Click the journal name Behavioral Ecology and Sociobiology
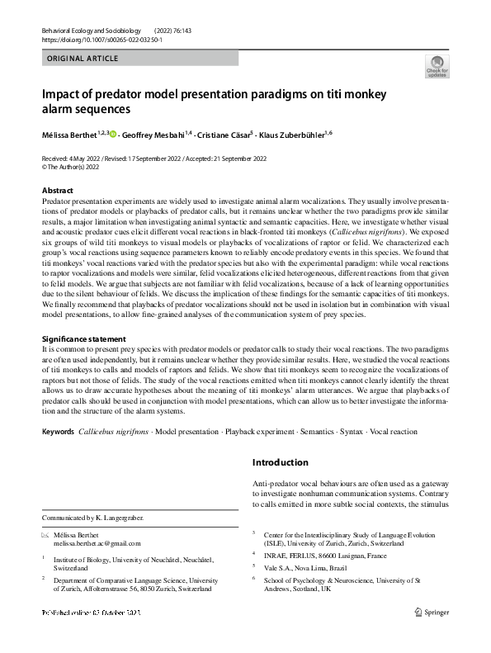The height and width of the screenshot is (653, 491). (92, 28)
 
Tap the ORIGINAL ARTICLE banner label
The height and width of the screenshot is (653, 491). (83, 59)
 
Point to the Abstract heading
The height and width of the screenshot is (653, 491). (57, 191)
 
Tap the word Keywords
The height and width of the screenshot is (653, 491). (58, 432)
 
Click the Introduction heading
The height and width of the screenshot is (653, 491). (281, 462)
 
